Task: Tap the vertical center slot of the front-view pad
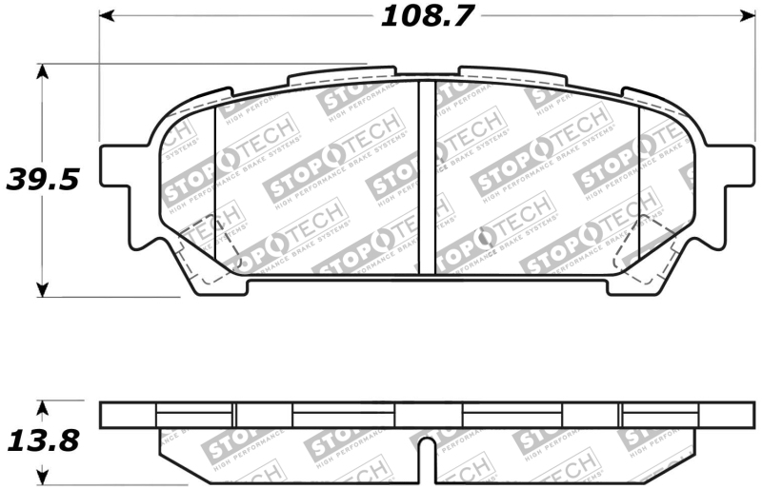(427, 176)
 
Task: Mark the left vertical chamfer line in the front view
(216, 186)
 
